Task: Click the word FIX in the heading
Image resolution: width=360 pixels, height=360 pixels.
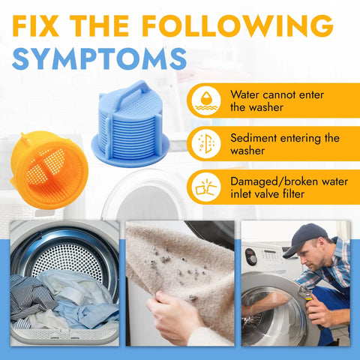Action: tap(35, 26)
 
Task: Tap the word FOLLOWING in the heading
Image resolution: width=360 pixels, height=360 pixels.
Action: tap(238, 26)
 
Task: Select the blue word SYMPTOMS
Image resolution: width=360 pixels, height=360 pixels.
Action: tap(99, 58)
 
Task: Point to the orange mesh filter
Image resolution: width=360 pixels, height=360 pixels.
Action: tap(49, 170)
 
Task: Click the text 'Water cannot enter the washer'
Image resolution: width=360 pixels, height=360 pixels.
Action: tap(277, 101)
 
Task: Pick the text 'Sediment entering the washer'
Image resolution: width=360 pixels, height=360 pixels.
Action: tap(285, 144)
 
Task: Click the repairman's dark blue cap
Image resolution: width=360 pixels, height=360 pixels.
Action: tap(305, 238)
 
